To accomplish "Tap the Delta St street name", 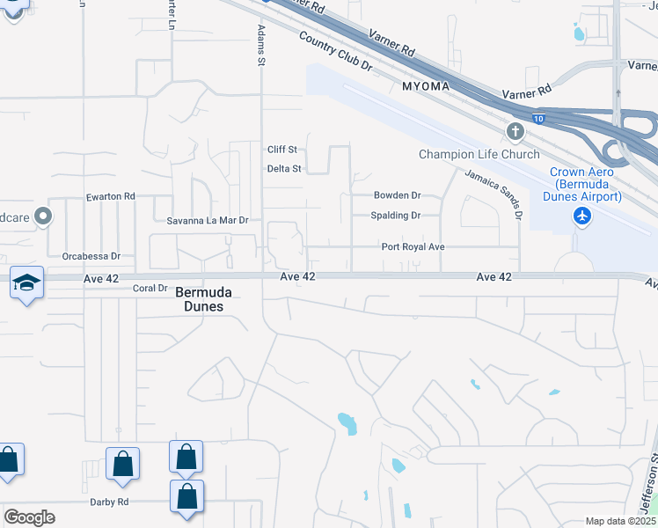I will (284, 168).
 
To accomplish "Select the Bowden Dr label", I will (397, 195).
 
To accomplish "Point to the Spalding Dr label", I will (396, 216).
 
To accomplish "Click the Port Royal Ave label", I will (413, 247).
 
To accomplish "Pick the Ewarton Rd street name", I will (110, 196).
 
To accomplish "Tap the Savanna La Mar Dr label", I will (201, 220).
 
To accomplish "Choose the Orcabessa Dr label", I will (91, 256).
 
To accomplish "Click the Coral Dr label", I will (150, 288).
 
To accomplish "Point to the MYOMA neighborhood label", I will (427, 87).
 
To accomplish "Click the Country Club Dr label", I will (335, 52).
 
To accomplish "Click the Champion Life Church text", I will (479, 155).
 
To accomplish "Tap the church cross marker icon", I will (515, 132).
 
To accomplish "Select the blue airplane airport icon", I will (581, 216).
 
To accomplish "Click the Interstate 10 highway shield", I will (538, 117).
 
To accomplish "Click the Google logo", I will (29, 517).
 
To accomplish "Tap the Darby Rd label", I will (109, 502).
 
